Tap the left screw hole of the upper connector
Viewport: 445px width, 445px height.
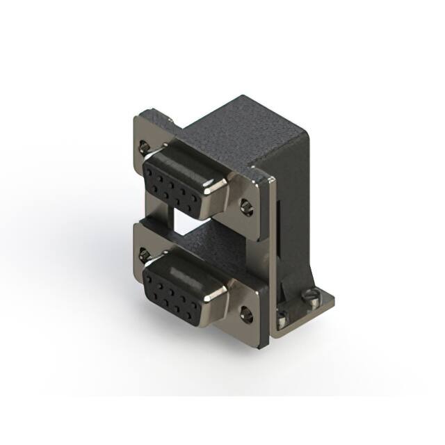coord(144,147)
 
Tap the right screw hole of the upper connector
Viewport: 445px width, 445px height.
coord(246,207)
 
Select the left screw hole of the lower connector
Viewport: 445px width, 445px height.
coord(144,254)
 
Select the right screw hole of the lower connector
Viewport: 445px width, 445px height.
coord(247,314)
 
